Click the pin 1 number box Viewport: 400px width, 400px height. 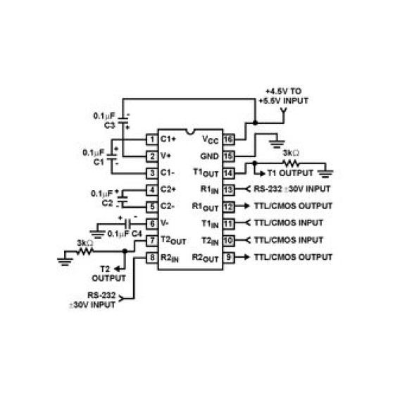click(152, 139)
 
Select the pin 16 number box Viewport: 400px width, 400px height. click(229, 139)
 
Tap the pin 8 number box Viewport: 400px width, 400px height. click(152, 258)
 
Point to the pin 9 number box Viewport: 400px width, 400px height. click(229, 258)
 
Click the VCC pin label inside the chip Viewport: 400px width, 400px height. click(211, 140)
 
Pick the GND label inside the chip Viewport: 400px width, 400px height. click(209, 156)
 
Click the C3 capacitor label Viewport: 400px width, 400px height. click(110, 125)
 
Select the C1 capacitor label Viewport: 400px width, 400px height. click(99, 162)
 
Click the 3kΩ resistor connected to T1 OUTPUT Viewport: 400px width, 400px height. click(291, 163)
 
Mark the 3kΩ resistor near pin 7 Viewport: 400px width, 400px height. click(85, 251)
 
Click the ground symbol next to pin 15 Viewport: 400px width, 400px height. click(277, 144)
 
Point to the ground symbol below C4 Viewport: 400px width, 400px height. click(97, 234)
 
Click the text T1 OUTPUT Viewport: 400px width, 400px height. click(290, 173)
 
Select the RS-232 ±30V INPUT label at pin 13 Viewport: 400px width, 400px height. click(292, 189)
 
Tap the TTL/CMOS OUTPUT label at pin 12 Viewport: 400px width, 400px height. click(294, 206)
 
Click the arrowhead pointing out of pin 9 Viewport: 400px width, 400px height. click(246, 257)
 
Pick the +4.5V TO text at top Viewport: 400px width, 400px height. click(284, 92)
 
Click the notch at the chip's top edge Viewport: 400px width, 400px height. click(190, 132)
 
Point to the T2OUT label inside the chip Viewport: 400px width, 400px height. click(173, 241)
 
